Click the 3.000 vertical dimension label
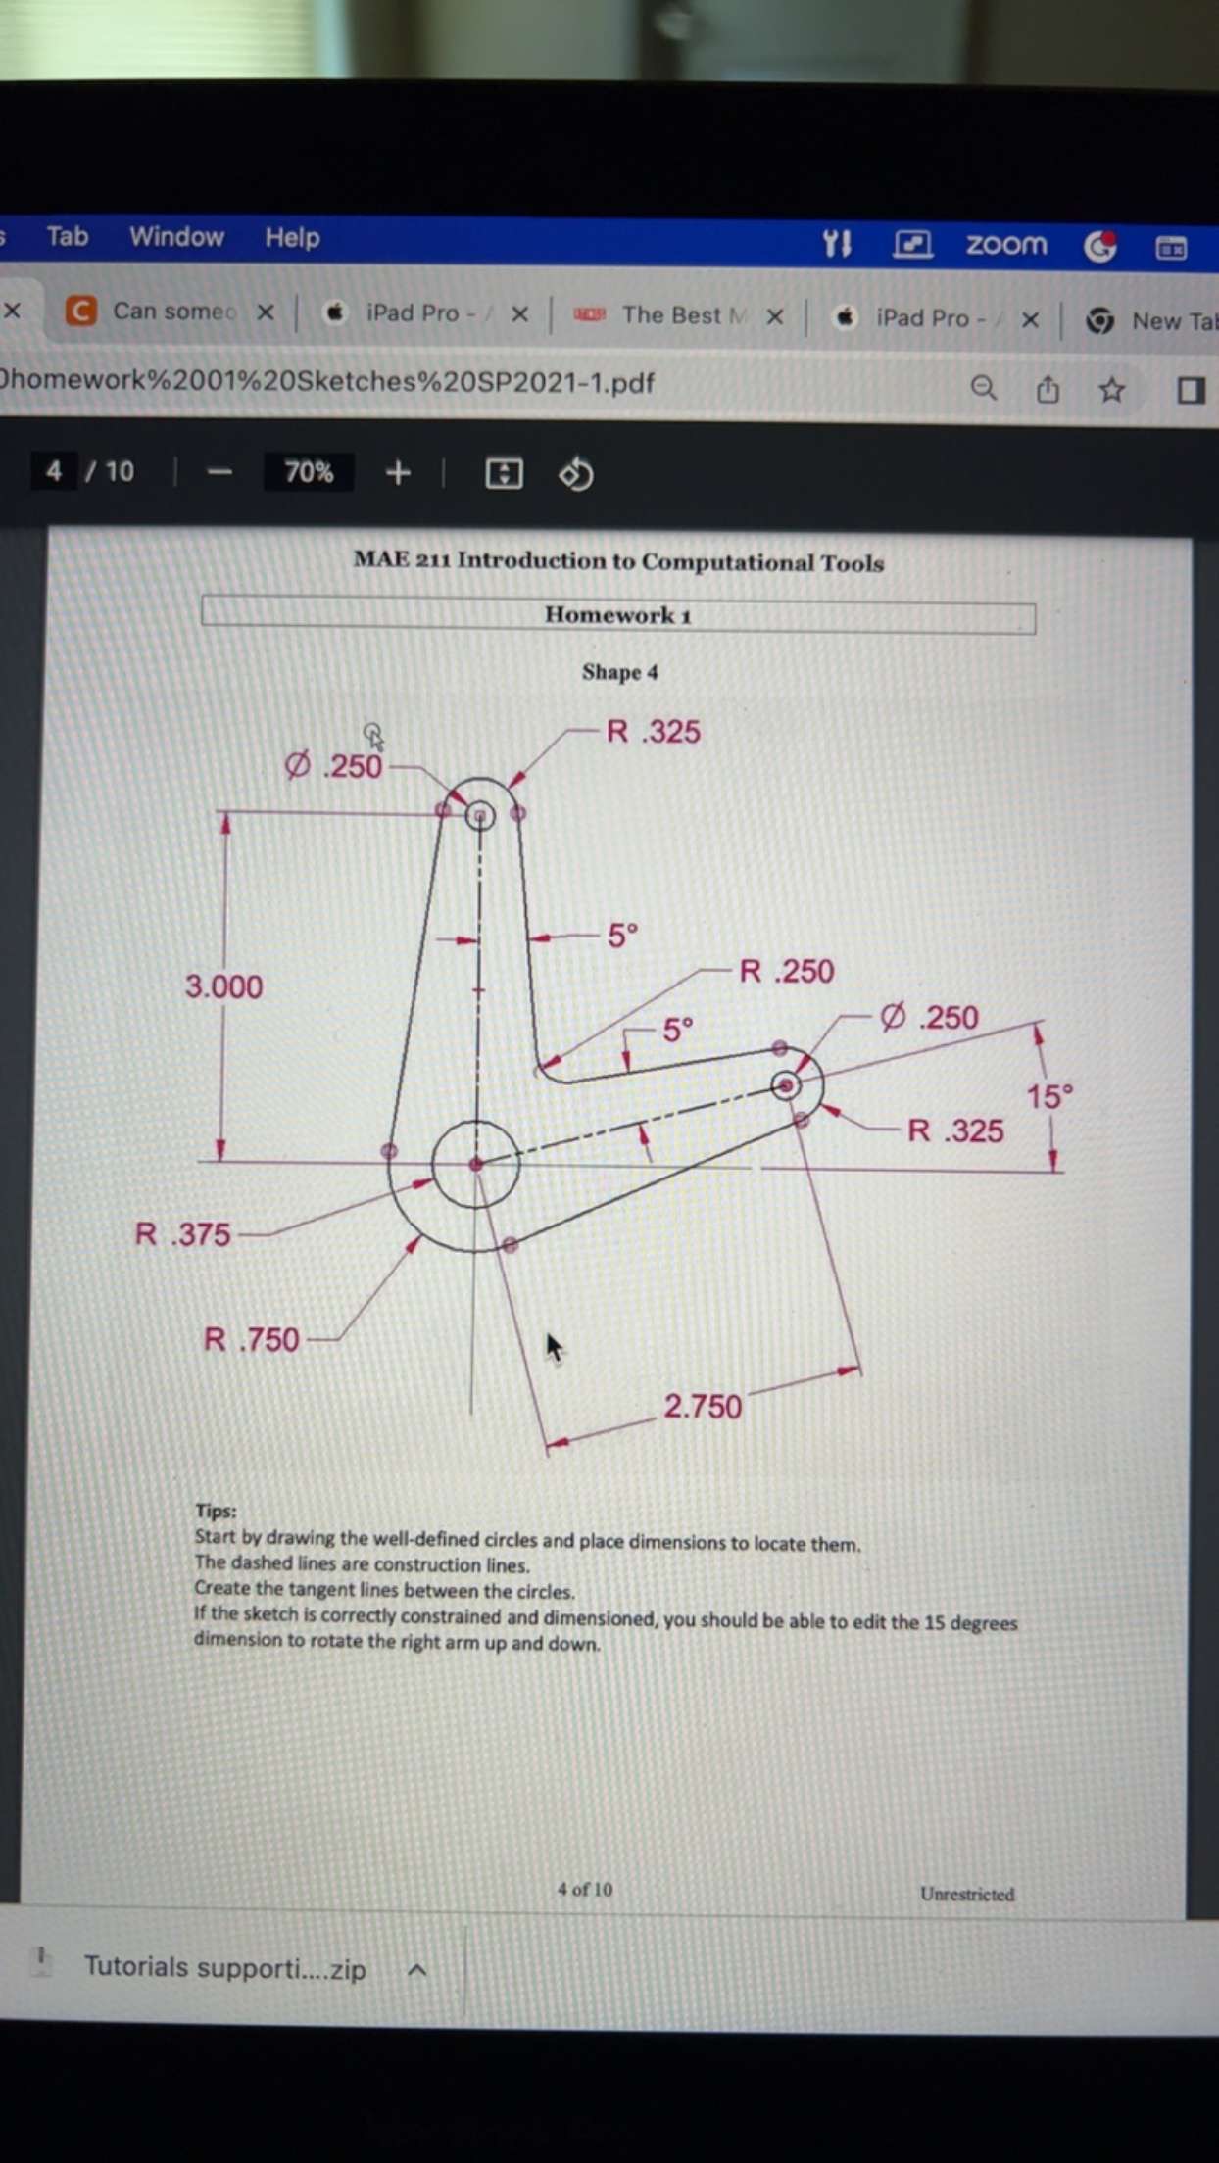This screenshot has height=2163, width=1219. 223,986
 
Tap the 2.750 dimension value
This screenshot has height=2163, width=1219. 703,1407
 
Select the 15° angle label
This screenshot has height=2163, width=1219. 1049,1096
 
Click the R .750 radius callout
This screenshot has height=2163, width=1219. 251,1339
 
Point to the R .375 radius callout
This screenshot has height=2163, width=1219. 183,1234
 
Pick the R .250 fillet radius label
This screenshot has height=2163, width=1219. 786,972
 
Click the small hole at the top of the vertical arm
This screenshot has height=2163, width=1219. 480,815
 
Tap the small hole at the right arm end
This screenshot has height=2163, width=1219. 785,1085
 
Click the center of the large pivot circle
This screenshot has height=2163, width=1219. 476,1165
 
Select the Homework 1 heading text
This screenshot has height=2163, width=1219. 618,616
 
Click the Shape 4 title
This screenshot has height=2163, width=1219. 619,672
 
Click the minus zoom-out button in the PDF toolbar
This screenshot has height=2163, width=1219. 220,473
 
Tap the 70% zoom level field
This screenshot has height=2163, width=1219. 309,473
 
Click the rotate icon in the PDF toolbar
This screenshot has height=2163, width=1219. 576,474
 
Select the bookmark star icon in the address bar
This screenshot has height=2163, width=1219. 1111,390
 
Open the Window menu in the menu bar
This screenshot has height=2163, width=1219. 176,237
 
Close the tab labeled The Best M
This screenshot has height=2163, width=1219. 775,316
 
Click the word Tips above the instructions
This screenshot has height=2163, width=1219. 216,1511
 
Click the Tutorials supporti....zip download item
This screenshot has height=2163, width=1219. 224,1967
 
